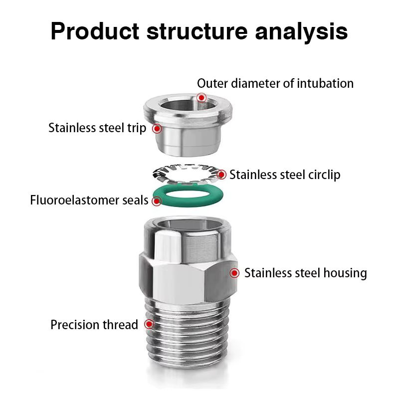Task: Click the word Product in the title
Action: (x=95, y=31)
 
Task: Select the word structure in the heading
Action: (x=197, y=31)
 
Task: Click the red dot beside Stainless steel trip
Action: (x=157, y=129)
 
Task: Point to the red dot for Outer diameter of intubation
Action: (x=201, y=97)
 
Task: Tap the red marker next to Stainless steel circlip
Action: (x=221, y=175)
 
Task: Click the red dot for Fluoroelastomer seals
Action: (x=157, y=201)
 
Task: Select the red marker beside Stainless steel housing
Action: (x=234, y=273)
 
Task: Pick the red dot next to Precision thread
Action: (x=149, y=324)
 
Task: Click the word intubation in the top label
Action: (x=325, y=83)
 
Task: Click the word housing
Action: (x=345, y=273)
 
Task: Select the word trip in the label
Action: (x=137, y=128)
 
